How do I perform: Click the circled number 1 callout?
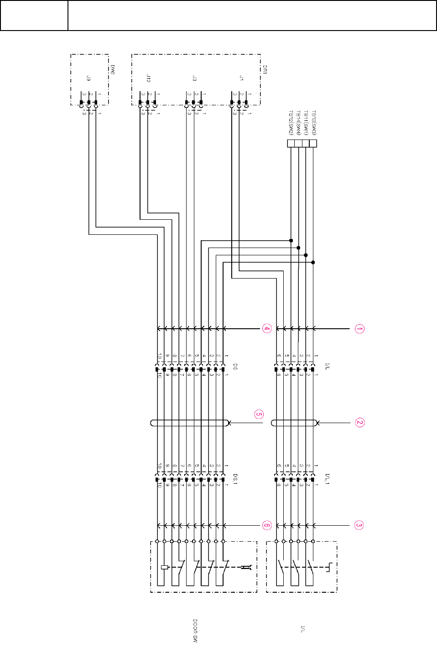(x=359, y=329)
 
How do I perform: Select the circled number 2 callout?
(x=359, y=423)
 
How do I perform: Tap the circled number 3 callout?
(x=359, y=525)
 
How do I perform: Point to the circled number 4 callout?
(x=267, y=329)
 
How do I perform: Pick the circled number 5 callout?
(x=259, y=414)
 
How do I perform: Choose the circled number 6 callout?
(x=267, y=525)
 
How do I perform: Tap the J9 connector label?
(x=88, y=79)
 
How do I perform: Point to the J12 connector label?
(x=148, y=78)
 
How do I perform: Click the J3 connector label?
(x=194, y=78)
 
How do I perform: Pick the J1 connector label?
(x=241, y=78)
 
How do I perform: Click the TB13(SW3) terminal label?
(x=314, y=123)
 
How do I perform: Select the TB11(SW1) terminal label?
(x=306, y=123)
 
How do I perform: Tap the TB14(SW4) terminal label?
(x=298, y=123)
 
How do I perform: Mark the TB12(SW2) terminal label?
(x=291, y=123)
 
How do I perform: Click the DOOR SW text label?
(x=195, y=631)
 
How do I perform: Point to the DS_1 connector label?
(x=235, y=479)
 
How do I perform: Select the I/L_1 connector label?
(x=327, y=479)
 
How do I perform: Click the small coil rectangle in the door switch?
(x=165, y=567)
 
